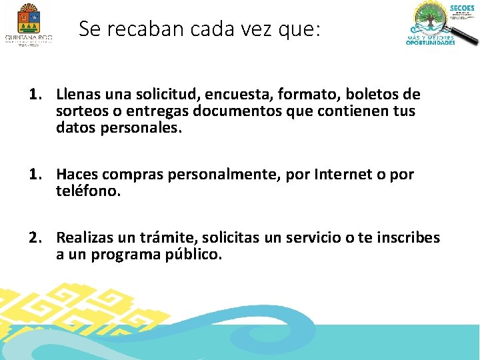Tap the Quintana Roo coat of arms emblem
coord(27,18)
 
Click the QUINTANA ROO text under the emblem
coord(28,39)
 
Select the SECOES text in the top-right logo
coord(462,8)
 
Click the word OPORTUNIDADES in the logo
coord(431,43)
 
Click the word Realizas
coord(84,238)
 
